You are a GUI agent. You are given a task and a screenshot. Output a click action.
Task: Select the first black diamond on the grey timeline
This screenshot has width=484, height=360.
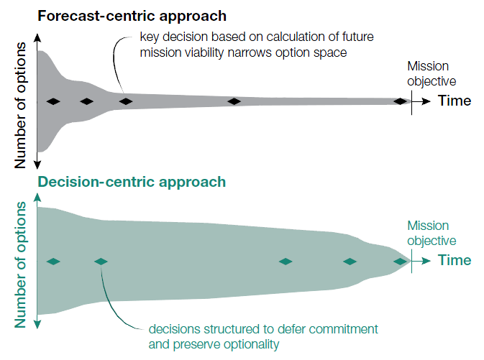52,102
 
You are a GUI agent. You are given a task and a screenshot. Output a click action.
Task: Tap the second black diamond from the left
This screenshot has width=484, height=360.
87,102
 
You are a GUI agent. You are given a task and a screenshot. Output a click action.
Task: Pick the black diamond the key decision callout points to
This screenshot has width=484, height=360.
126,102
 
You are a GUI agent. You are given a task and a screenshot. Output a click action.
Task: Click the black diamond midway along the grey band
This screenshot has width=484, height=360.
234,102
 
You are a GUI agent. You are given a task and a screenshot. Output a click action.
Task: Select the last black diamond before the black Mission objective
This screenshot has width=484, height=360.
401,102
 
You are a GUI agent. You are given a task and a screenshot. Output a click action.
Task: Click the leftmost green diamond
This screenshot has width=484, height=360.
52,262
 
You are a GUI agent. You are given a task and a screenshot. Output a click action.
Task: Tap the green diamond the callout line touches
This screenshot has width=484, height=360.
101,262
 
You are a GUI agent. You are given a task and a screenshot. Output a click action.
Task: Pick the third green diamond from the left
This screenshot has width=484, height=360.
286,262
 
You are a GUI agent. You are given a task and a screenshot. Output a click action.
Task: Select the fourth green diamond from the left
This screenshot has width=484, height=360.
350,262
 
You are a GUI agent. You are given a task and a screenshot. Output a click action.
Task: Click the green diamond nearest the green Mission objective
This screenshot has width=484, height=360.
401,262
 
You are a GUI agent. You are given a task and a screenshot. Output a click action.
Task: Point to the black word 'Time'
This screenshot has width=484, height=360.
455,101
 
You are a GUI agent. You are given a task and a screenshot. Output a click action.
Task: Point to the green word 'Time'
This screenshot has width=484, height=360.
455,261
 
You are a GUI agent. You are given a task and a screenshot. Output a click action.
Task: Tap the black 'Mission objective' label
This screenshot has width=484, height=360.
432,73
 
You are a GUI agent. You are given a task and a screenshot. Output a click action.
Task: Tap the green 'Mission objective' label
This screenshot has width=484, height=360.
432,233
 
